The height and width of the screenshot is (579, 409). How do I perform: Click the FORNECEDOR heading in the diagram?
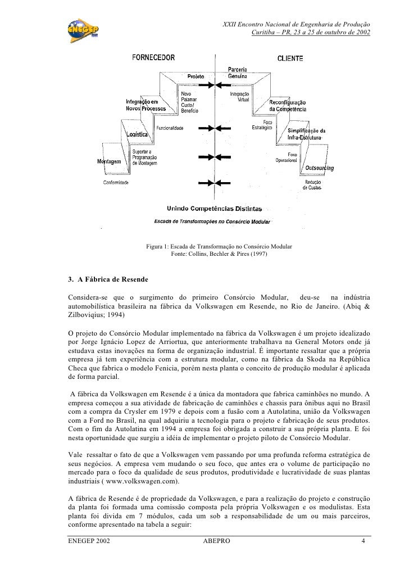click(x=153, y=57)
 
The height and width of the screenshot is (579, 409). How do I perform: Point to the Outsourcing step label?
click(x=319, y=168)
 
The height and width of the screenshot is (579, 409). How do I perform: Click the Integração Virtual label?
click(x=240, y=97)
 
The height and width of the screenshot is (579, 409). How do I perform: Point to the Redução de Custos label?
click(x=313, y=185)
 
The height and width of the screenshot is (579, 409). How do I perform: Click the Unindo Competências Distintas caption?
click(x=206, y=209)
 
